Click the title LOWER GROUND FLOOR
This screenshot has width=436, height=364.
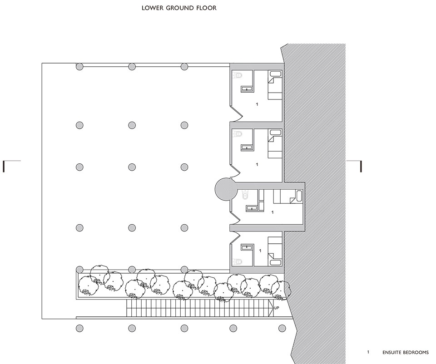(x=179, y=8)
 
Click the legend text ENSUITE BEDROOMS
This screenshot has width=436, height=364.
(x=406, y=352)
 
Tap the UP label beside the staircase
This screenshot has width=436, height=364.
(x=277, y=308)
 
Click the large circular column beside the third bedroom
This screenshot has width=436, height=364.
(x=226, y=190)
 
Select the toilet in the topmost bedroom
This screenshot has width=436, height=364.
(x=238, y=75)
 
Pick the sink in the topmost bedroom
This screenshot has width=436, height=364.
(x=247, y=89)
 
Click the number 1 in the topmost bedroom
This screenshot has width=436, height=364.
(x=257, y=104)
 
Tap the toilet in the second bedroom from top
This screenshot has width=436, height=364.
(x=238, y=133)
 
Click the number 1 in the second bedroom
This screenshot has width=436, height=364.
(x=257, y=164)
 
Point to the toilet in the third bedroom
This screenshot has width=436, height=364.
(x=245, y=195)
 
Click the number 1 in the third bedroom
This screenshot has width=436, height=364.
(x=272, y=212)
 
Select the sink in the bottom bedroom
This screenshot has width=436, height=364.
(x=247, y=247)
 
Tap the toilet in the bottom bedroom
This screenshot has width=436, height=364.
(x=238, y=261)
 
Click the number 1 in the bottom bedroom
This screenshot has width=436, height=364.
(x=260, y=251)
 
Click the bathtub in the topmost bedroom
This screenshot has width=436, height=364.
(x=276, y=74)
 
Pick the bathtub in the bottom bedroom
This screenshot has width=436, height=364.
(x=276, y=263)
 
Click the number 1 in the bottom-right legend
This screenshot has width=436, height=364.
(x=368, y=352)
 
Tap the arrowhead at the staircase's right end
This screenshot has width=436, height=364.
(x=272, y=308)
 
